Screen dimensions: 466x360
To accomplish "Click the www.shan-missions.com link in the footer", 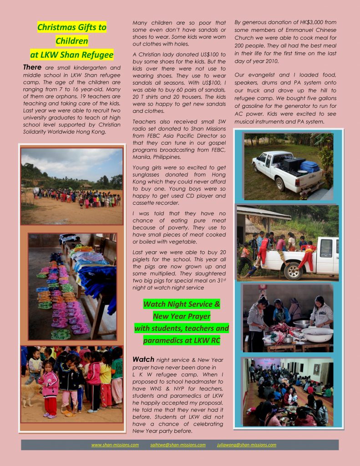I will [115, 445].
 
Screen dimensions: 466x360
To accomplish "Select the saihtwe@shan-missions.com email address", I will [178, 445].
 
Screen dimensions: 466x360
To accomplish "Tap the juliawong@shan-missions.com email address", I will [247, 445].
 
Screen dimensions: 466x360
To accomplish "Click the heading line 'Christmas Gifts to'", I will [72, 27].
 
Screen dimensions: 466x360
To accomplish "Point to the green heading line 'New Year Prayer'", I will [182, 316].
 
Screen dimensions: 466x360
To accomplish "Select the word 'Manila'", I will [142, 157].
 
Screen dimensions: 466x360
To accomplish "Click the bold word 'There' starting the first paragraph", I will [32, 68].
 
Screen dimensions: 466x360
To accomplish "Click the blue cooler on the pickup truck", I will [309, 166].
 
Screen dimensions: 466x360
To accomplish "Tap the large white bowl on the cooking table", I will [318, 334].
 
